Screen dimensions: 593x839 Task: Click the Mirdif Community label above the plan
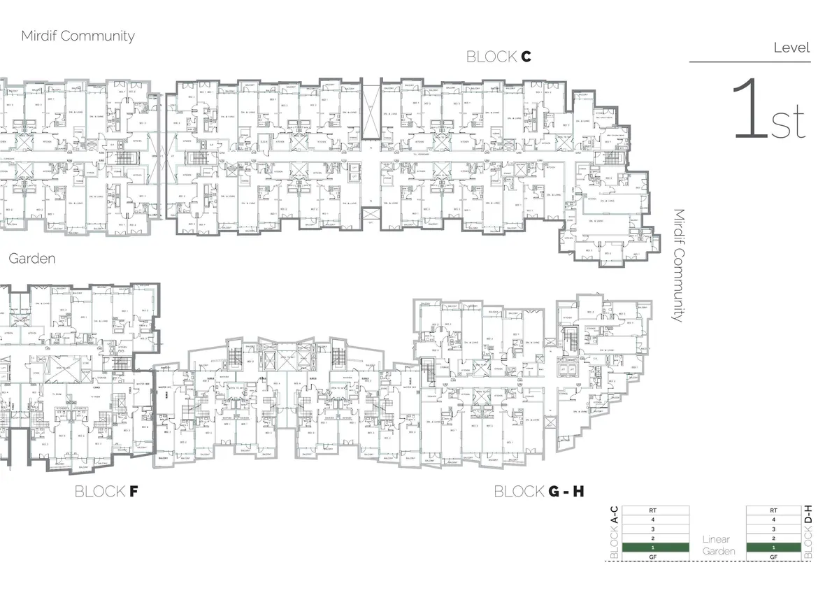[x=78, y=36]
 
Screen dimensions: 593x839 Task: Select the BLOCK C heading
[x=499, y=57]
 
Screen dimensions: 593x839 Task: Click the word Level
[x=791, y=48]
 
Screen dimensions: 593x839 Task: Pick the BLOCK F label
[x=106, y=492]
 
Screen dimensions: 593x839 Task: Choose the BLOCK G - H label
[x=539, y=492]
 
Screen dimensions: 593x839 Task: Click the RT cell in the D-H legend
[x=773, y=510]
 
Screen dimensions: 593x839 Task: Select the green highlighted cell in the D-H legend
[x=773, y=547]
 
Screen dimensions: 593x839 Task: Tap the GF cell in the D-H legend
[x=773, y=557]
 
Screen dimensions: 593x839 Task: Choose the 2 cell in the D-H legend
[x=773, y=538]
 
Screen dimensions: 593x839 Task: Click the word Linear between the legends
[x=716, y=539]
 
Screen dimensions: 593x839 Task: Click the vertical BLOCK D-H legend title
[x=808, y=532]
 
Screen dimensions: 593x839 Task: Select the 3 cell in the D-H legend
[x=773, y=529]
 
